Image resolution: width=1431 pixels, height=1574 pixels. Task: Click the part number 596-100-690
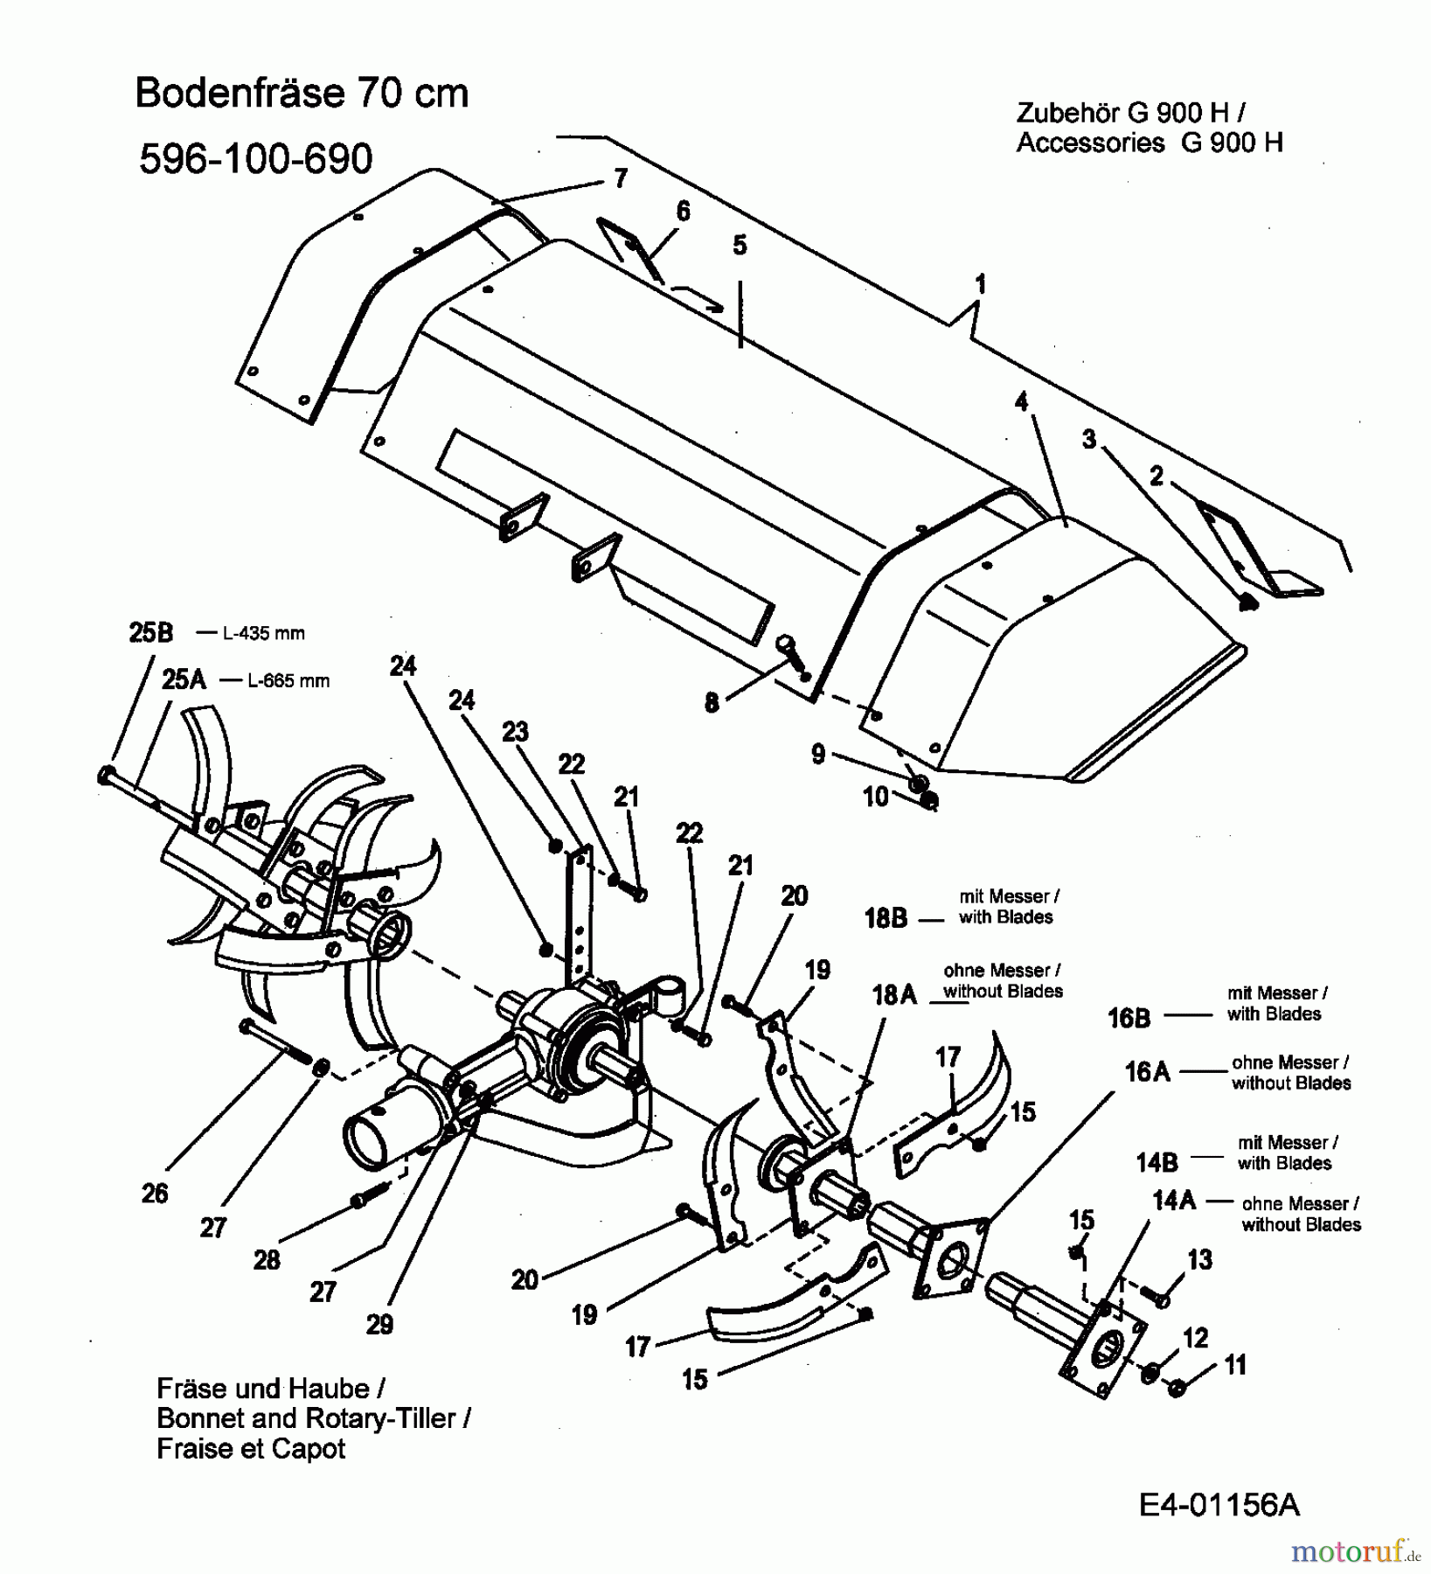click(255, 159)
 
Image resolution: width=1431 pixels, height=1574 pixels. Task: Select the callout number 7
click(621, 179)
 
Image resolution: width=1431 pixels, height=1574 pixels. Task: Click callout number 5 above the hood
click(740, 246)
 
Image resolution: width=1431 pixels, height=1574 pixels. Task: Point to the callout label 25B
click(151, 633)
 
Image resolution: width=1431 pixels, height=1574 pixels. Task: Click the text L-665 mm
click(288, 680)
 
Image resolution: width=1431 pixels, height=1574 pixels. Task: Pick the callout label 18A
click(893, 995)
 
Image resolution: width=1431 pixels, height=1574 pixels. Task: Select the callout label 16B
click(1129, 1018)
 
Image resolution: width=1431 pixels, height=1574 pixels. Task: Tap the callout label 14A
click(1173, 1201)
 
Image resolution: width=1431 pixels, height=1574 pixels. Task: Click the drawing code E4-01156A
click(1219, 1505)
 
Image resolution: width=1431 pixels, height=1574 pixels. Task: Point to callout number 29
click(379, 1325)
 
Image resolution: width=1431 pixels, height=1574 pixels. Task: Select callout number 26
click(155, 1194)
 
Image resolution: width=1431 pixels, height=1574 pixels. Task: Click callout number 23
click(515, 731)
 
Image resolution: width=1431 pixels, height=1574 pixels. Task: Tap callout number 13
click(1199, 1260)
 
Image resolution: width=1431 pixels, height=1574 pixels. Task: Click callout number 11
click(1234, 1365)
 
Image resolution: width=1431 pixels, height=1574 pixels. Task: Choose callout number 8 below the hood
click(712, 702)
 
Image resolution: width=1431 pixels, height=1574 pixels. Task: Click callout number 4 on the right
click(1021, 402)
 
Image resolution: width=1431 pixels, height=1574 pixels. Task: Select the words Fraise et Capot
click(251, 1449)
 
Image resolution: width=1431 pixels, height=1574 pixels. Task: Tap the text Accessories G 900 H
click(1149, 143)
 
